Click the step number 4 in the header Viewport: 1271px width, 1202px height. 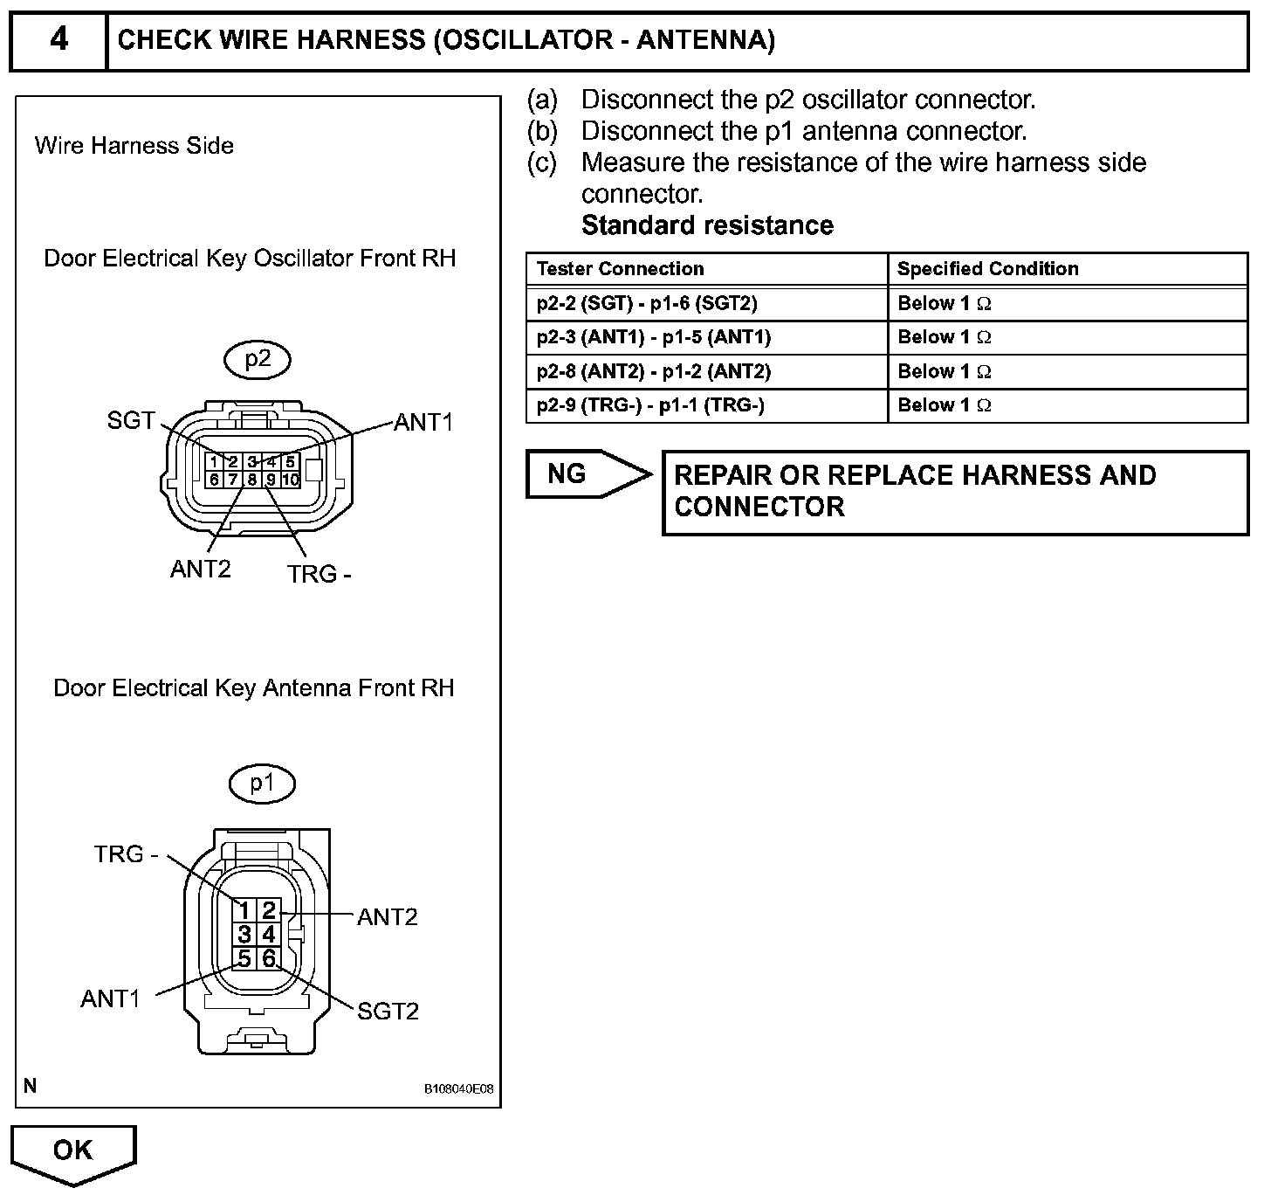tap(58, 39)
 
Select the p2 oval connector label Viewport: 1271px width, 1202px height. tap(258, 359)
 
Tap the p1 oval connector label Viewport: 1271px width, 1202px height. tap(262, 784)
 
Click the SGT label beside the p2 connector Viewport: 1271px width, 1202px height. tap(131, 420)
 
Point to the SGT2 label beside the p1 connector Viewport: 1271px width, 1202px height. tap(388, 1011)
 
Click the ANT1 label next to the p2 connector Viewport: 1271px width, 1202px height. tap(423, 423)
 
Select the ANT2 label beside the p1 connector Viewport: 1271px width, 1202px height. tap(388, 916)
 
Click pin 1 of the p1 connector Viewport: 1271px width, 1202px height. tap(245, 911)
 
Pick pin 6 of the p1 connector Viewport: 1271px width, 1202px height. tap(269, 958)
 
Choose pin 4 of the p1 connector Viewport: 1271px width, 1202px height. tap(269, 935)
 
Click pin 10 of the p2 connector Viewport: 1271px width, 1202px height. tap(291, 480)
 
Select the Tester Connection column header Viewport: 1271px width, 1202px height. tap(620, 269)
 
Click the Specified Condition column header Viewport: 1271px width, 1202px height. tap(987, 269)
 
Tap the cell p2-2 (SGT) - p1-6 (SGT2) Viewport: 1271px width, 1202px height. tap(647, 303)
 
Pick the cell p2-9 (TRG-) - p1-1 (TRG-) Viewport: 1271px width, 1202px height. tap(650, 405)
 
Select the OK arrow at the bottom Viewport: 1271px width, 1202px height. tap(73, 1151)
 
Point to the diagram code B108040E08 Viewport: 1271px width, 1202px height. tap(459, 1089)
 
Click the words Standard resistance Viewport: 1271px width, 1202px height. tap(707, 225)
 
